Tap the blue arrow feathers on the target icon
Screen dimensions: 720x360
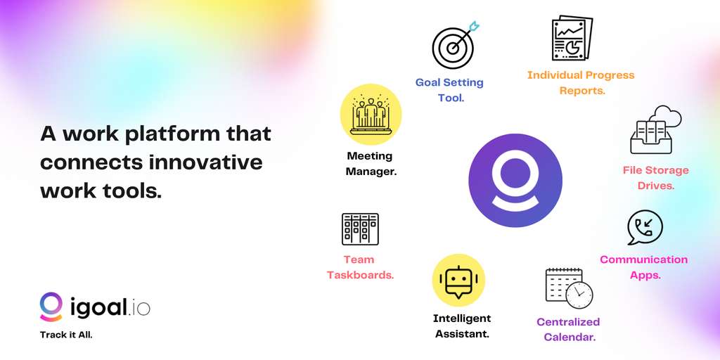click(473, 26)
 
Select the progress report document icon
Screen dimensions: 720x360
click(572, 39)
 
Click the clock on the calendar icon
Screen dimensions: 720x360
click(579, 295)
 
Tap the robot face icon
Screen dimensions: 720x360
click(458, 280)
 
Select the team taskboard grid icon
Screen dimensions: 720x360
click(360, 229)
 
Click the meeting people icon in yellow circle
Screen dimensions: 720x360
click(371, 115)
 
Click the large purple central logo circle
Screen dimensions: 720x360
click(515, 181)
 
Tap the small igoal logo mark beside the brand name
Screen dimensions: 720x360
click(51, 307)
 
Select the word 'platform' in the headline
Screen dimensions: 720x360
click(169, 135)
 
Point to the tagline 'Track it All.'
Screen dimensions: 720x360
click(66, 335)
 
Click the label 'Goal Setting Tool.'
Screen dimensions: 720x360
click(449, 90)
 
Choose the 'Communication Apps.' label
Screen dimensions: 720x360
click(644, 267)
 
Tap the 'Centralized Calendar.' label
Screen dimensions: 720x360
click(568, 329)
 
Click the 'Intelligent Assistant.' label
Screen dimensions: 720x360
click(462, 326)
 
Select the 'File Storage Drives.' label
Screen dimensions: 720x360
click(656, 178)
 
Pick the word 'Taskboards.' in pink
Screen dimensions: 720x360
click(361, 276)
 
